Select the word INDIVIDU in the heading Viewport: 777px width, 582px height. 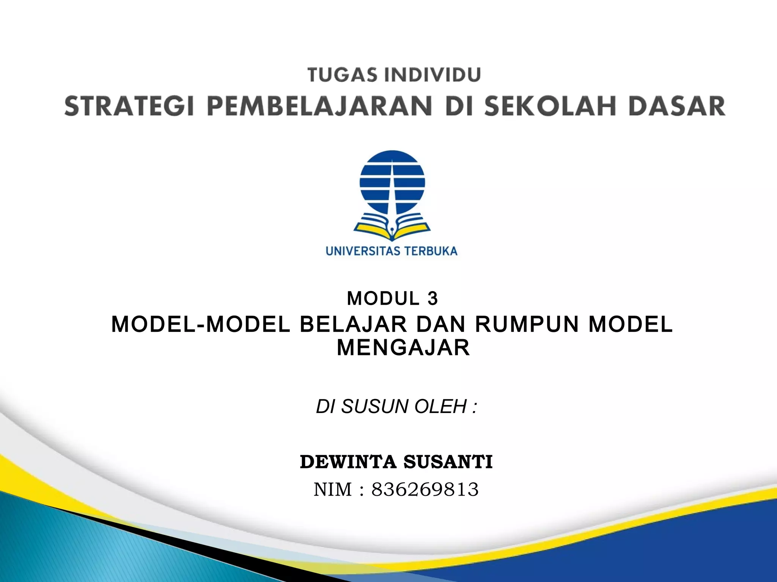pos(432,75)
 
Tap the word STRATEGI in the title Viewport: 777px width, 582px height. pos(129,106)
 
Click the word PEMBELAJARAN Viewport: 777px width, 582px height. pos(319,106)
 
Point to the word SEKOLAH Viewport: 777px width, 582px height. pos(550,106)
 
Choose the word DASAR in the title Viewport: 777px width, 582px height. pos(677,106)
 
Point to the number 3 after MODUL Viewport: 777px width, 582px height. pos(433,299)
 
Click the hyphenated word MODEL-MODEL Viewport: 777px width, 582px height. pos(201,324)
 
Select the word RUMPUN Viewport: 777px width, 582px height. pos(527,324)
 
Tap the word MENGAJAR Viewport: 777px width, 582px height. pos(403,348)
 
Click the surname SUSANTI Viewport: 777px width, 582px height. pos(448,462)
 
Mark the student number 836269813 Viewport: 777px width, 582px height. pos(425,489)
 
